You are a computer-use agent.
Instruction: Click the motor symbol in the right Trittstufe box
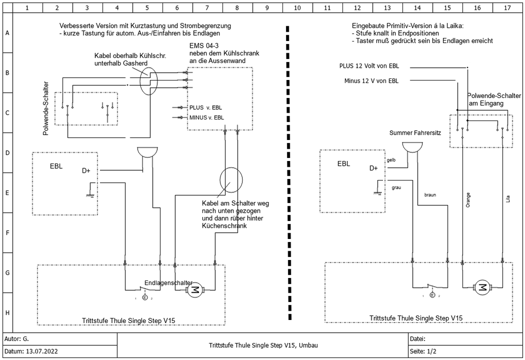[482, 287]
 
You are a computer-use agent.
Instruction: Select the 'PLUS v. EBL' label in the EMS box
[206, 108]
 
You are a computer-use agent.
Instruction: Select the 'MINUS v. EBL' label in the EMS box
[207, 117]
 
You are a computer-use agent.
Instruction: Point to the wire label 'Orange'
[468, 200]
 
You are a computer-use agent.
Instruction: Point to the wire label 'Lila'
[508, 199]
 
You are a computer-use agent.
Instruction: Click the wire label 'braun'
[430, 195]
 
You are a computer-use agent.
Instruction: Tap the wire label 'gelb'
[391, 160]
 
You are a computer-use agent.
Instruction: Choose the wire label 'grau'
[396, 188]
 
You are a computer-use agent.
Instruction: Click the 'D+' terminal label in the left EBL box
[86, 171]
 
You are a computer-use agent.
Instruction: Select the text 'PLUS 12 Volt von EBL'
[369, 66]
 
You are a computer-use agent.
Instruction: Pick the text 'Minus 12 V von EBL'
[371, 81]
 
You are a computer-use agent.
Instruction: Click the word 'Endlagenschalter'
[168, 283]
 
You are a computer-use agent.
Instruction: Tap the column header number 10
[297, 8]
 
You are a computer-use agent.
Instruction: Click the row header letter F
[7, 233]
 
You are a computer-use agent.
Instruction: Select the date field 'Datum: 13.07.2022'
[31, 351]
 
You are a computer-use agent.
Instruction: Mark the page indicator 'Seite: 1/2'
[423, 351]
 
